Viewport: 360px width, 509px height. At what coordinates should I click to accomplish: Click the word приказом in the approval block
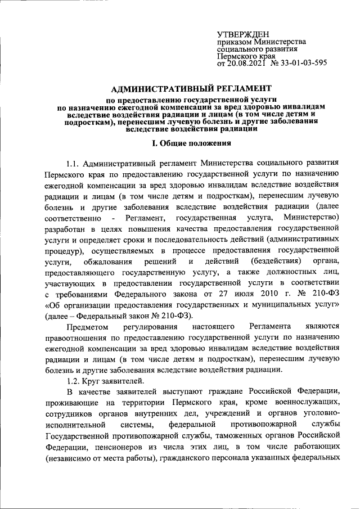point(234,43)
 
